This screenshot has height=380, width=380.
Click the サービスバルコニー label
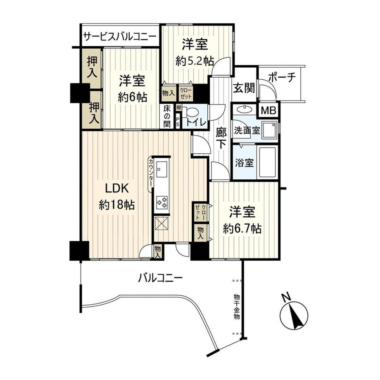click(x=120, y=36)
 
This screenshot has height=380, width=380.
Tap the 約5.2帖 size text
click(x=194, y=61)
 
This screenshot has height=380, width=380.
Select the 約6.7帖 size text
click(x=242, y=228)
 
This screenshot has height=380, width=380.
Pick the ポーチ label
click(x=280, y=78)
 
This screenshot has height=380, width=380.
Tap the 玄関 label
click(x=244, y=88)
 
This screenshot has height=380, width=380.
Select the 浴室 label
click(x=244, y=162)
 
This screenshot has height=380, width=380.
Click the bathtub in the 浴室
click(x=268, y=162)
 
